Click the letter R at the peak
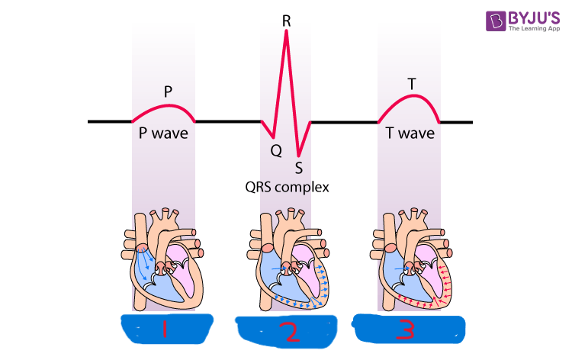(286, 20)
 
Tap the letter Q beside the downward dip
(276, 151)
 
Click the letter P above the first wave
(168, 92)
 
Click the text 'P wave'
(163, 133)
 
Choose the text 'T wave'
(410, 133)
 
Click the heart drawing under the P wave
(162, 258)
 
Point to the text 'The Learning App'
(532, 30)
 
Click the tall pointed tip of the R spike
(286, 33)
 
